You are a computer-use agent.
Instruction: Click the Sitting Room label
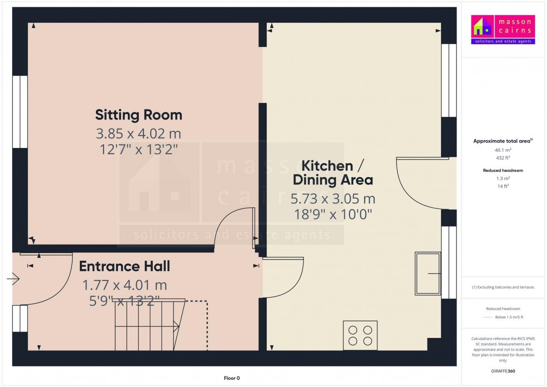[x=138, y=115]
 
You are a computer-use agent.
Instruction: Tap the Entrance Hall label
[x=124, y=266]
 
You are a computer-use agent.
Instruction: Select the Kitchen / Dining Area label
[x=333, y=173]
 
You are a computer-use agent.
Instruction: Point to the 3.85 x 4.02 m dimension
[x=138, y=133]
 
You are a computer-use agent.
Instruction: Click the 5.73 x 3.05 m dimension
[x=333, y=199]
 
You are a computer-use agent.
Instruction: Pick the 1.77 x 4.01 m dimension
[x=124, y=285]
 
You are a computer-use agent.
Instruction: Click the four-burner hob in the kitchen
[x=360, y=335]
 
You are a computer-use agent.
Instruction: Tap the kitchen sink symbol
[x=428, y=274]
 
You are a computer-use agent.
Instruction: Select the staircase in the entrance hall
[x=150, y=324]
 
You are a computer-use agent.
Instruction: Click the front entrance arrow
[x=13, y=279]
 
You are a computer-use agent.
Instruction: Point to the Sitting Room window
[x=20, y=112]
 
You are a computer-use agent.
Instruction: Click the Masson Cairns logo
[x=503, y=29]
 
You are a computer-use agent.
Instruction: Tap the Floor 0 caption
[x=232, y=378]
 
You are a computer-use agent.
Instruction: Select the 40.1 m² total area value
[x=503, y=150]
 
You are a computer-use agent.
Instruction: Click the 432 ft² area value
[x=503, y=157]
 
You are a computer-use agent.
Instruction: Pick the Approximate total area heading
[x=503, y=141]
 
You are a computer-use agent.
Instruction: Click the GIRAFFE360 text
[x=503, y=371]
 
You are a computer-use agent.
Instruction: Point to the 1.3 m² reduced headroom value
[x=503, y=178]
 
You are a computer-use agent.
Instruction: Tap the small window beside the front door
[x=20, y=318]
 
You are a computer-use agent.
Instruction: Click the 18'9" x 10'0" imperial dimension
[x=333, y=214]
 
